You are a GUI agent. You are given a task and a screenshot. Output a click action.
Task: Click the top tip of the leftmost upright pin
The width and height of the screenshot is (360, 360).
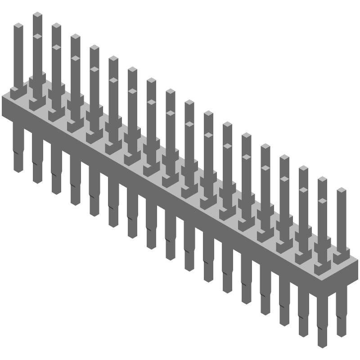[18, 26]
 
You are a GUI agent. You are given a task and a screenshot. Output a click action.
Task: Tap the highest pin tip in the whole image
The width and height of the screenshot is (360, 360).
[37, 15]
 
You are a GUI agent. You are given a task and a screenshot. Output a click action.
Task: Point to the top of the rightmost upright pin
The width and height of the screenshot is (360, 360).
[342, 190]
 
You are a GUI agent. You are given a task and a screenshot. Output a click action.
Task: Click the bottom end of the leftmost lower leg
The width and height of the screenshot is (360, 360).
[18, 170]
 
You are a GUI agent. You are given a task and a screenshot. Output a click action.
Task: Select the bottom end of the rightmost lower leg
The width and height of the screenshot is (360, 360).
[341, 334]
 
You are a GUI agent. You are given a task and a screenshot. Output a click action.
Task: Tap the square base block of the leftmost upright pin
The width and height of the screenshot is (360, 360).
[17, 92]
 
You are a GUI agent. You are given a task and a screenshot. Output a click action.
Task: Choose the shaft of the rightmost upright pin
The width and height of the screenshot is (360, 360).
[342, 220]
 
